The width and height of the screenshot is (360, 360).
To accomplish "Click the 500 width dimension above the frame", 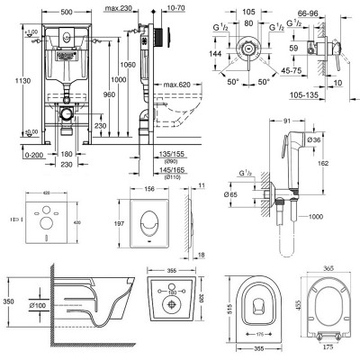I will point(67,10).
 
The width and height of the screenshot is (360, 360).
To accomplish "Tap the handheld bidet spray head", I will point(299,147).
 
